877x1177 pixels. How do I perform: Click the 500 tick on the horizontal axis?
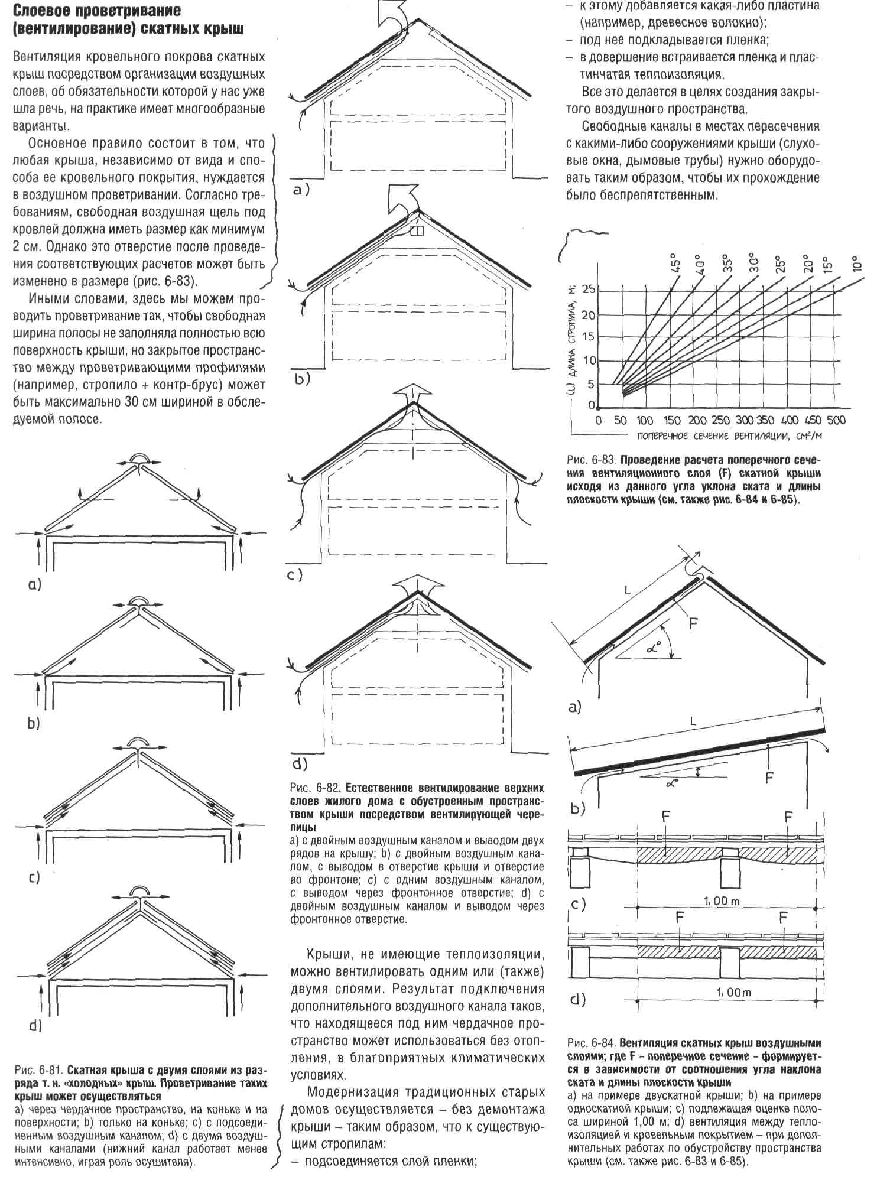(836, 421)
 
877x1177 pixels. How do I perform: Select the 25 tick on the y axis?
(589, 290)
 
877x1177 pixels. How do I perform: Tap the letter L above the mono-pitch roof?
(693, 721)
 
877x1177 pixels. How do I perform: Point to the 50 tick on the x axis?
(621, 421)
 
